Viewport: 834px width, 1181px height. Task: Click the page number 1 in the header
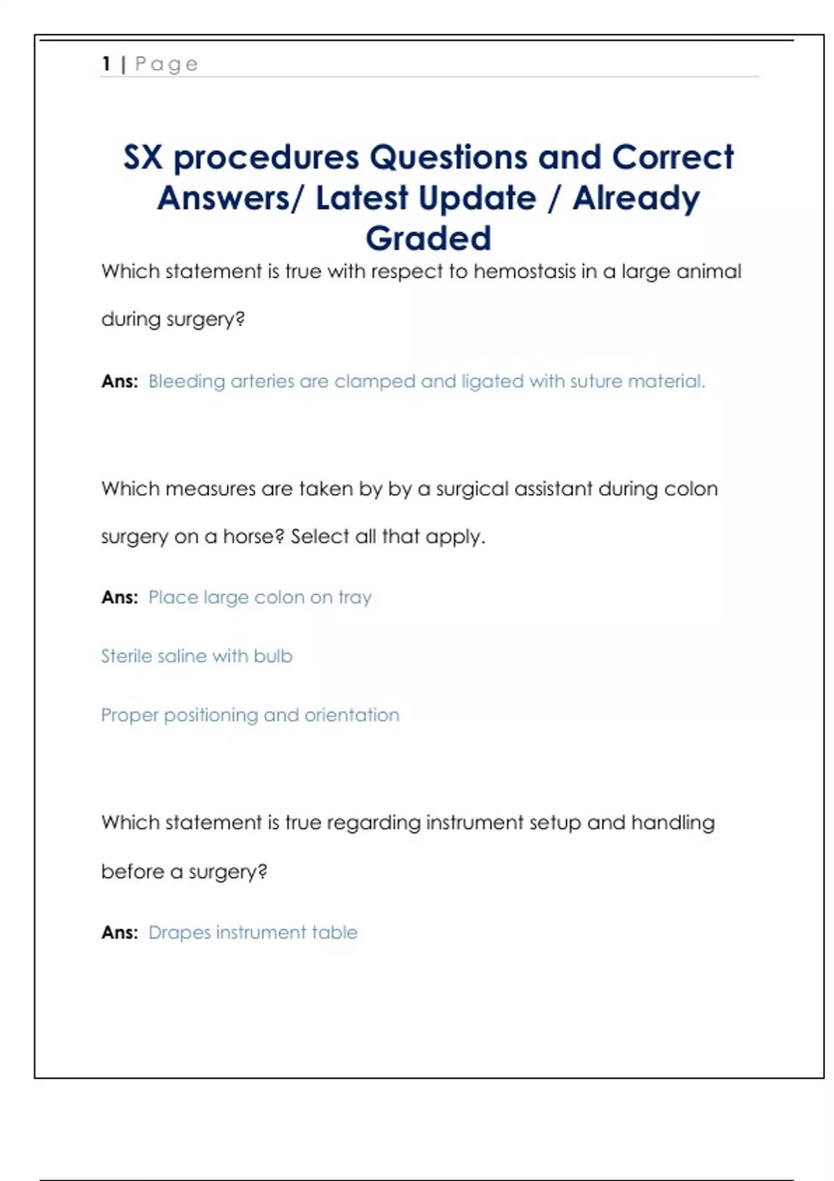106,64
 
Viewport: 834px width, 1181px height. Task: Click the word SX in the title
143,158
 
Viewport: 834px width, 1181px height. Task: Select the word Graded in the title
428,238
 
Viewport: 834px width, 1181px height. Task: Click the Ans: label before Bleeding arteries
120,381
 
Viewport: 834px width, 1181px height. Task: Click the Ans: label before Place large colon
120,597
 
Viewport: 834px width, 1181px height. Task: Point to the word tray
354,597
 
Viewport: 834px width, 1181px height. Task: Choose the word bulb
273,656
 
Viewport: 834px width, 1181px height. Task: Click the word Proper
130,715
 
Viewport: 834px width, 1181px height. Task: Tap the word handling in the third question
672,823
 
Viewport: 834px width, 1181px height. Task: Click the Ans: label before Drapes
120,932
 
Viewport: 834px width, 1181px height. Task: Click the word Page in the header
167,65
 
